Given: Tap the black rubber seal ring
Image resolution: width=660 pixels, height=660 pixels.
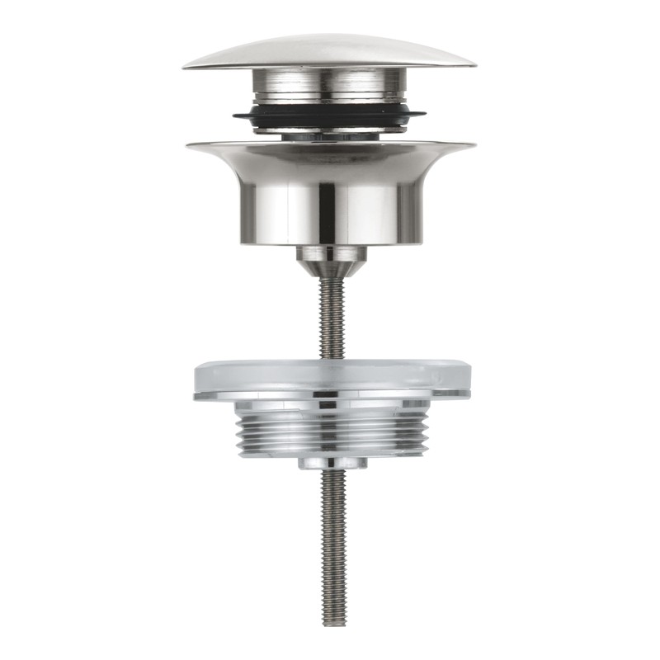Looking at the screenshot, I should pos(330,115).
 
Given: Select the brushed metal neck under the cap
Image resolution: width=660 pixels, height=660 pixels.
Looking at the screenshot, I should pos(330,86).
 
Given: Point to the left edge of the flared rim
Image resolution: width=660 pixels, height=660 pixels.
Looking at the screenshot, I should pos(189,147).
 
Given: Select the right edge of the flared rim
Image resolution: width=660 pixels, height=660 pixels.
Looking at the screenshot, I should pos(473,147).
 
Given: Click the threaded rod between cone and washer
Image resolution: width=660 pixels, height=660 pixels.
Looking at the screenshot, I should pos(330,322).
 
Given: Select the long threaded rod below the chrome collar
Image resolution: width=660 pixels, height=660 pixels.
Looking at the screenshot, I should pos(331,536).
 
